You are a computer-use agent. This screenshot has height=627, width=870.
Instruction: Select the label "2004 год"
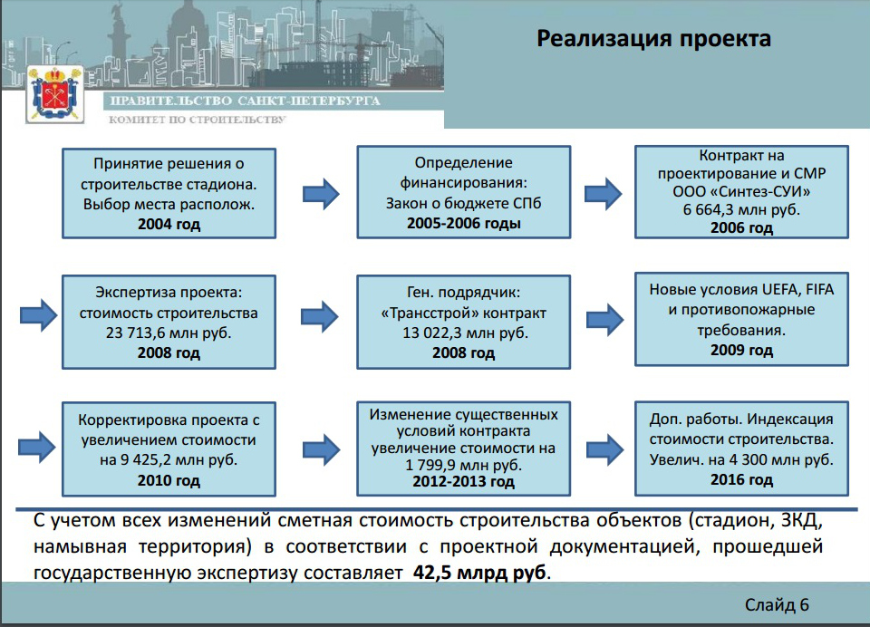coord(169,224)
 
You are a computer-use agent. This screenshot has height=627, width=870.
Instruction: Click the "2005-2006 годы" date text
coord(463,223)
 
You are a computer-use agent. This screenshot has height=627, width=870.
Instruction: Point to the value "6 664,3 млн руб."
coord(741,210)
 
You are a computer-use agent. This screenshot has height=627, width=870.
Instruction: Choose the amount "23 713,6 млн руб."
coord(169,333)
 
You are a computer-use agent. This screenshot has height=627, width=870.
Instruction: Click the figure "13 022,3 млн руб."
coord(463,333)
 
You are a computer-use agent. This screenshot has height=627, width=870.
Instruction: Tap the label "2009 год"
coord(741,350)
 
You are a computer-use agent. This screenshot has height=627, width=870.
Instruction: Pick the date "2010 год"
coord(169,480)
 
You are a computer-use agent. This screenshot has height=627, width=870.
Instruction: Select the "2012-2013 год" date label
coord(463,482)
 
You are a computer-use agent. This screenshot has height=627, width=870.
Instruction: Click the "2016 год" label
coord(741,479)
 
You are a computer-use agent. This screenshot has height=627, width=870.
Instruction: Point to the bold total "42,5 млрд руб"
coord(480,573)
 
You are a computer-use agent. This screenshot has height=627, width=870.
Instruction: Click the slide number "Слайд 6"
coord(777,604)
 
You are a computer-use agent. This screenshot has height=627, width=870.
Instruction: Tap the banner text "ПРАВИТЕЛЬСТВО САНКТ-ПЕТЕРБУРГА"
coord(244,101)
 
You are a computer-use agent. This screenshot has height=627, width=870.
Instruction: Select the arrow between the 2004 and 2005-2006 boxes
coord(317,192)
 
